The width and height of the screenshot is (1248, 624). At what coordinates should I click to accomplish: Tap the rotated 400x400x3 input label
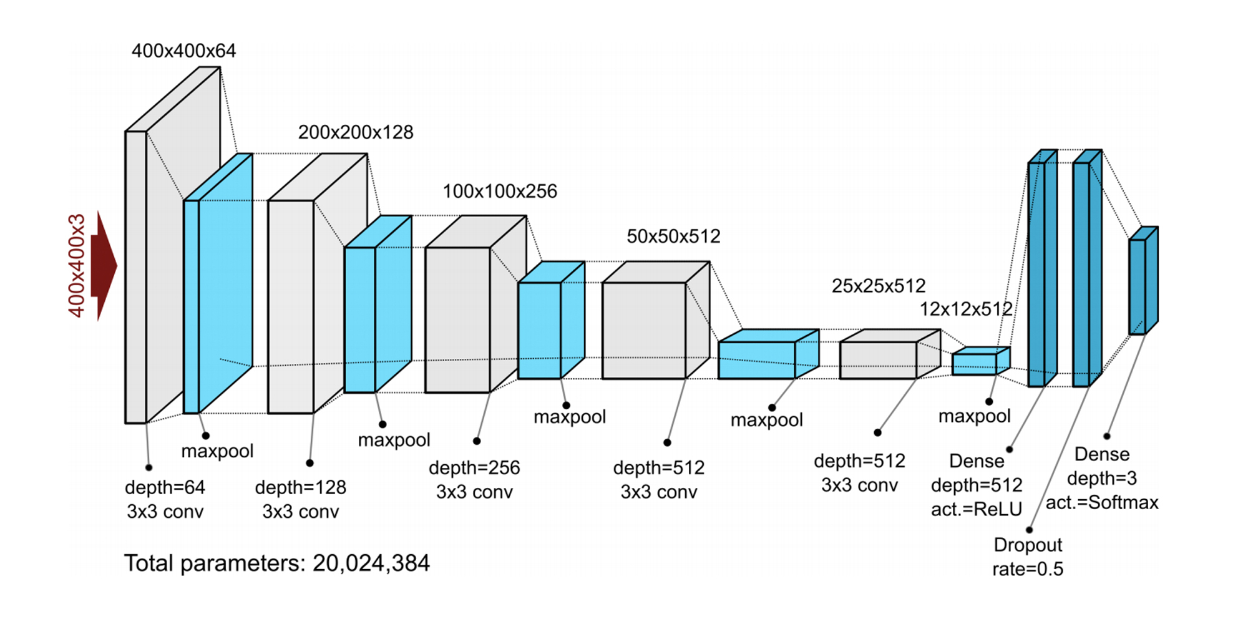coord(76,266)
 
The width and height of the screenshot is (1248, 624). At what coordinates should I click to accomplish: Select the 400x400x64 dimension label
coord(183,51)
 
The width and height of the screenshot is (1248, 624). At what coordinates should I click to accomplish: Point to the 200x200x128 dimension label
coord(356,132)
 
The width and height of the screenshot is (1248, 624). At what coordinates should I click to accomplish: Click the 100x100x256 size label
coord(500,192)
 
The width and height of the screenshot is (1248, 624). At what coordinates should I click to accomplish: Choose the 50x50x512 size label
coord(673,236)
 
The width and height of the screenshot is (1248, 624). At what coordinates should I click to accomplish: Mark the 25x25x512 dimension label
coord(879,286)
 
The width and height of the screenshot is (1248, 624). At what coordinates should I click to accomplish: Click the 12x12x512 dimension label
coord(966,309)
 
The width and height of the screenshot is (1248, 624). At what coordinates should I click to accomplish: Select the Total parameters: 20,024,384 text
coord(277,563)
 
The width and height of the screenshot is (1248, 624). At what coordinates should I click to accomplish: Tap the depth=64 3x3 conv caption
coord(165,500)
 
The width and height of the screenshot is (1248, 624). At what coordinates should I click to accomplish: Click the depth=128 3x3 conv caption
coord(301,500)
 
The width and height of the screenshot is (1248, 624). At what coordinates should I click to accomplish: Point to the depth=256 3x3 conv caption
coord(474,480)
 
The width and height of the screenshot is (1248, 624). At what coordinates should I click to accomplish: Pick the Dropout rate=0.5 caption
coord(1028,557)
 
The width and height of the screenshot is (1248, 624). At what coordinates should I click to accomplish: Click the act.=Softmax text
coord(1102,503)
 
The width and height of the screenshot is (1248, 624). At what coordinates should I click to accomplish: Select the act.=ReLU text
coord(977,510)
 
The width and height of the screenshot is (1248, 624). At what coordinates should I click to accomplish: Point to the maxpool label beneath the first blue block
coord(217,451)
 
